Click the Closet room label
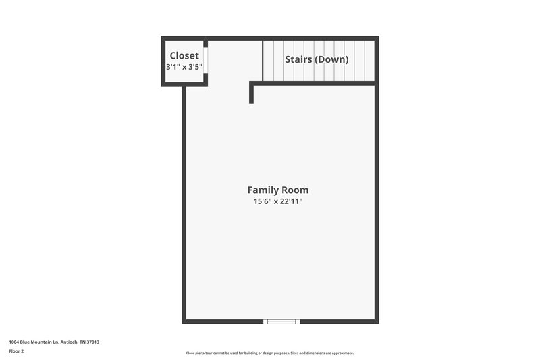184,55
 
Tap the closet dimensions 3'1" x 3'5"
184,67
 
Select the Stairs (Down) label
317,59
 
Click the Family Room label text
277,190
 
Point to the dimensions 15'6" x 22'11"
277,202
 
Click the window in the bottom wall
282,322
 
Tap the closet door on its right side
206,60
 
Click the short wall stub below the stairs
251,94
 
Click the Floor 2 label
16,351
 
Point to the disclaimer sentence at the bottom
269,353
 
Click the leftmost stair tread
267,60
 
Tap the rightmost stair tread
369,60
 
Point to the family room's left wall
184,203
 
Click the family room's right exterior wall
377,203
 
